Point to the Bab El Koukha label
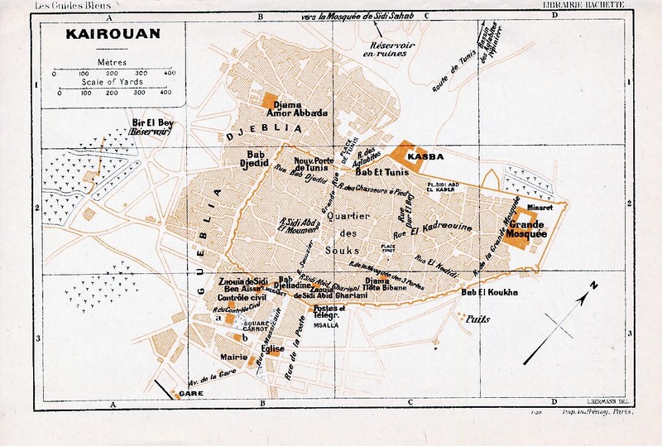pos(489,293)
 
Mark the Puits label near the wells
pos(479,318)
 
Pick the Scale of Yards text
pos(111,82)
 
